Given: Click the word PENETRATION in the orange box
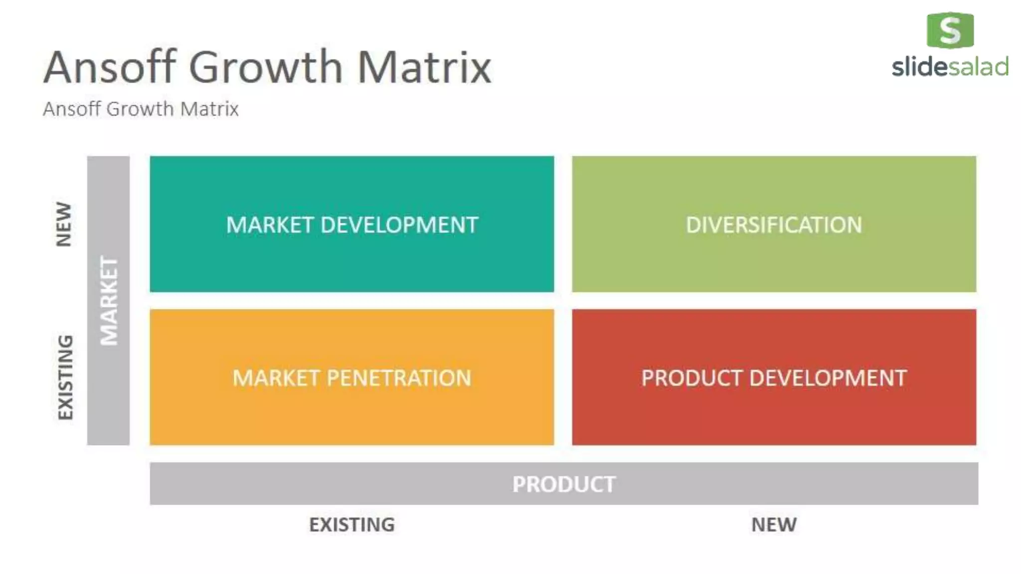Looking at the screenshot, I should pyautogui.click(x=398, y=378).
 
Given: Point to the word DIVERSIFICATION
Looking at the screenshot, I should pyautogui.click(x=774, y=225).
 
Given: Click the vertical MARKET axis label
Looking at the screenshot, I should pyautogui.click(x=109, y=300).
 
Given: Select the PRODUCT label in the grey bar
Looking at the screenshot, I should pyautogui.click(x=564, y=484).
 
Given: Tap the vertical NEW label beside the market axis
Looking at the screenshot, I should pyautogui.click(x=64, y=224).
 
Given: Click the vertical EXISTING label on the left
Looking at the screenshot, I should pyautogui.click(x=65, y=377).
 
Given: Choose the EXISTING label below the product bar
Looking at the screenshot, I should pyautogui.click(x=351, y=525).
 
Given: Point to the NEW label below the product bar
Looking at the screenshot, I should pyautogui.click(x=774, y=525).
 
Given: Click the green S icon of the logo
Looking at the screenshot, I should pyautogui.click(x=950, y=30).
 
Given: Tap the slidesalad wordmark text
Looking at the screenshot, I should pyautogui.click(x=950, y=67).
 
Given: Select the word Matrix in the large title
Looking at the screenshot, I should pyautogui.click(x=424, y=67).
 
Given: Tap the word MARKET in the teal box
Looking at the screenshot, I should pyautogui.click(x=270, y=225).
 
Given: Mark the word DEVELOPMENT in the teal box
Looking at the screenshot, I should pyautogui.click(x=399, y=225).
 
